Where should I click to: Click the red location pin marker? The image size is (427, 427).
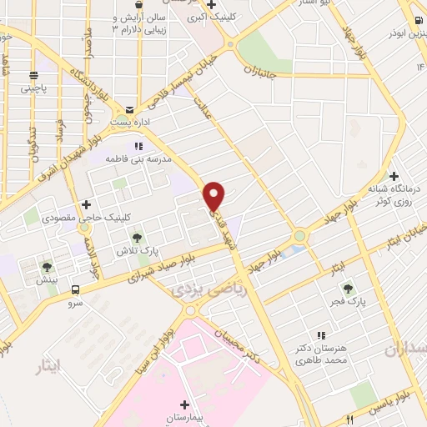tap(214, 196)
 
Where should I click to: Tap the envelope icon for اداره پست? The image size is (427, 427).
tap(129, 110)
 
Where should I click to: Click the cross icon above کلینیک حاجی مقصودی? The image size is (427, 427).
tap(86, 205)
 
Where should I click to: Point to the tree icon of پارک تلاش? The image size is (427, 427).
tap(137, 238)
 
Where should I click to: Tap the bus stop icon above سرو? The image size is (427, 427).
tap(76, 290)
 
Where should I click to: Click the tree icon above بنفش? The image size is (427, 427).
tap(46, 267)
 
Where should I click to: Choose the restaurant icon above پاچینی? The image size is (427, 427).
tap(34, 73)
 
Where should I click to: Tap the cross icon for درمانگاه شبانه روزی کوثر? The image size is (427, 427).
tap(395, 176)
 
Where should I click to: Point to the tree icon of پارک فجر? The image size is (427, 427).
tap(348, 288)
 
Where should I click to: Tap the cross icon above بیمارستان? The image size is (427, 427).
tap(184, 404)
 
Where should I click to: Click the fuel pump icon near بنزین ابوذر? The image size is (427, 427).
tap(414, 20)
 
